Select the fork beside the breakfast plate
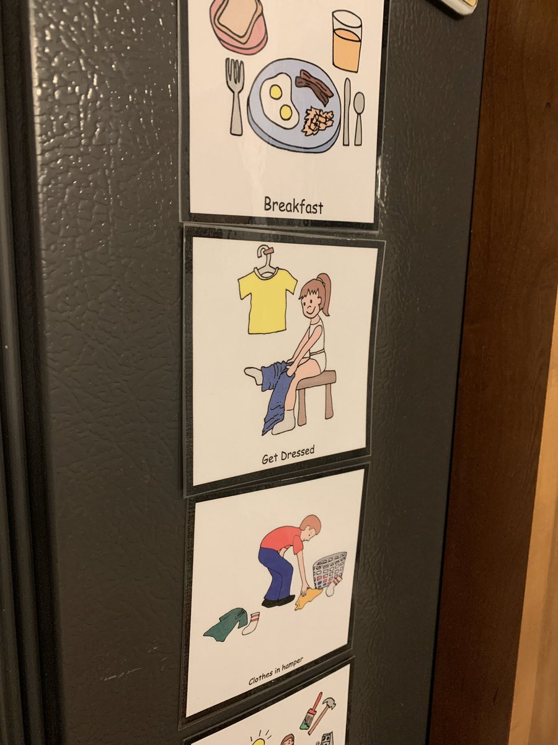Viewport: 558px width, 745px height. (x=235, y=96)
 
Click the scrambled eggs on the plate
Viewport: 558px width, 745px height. (x=317, y=119)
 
